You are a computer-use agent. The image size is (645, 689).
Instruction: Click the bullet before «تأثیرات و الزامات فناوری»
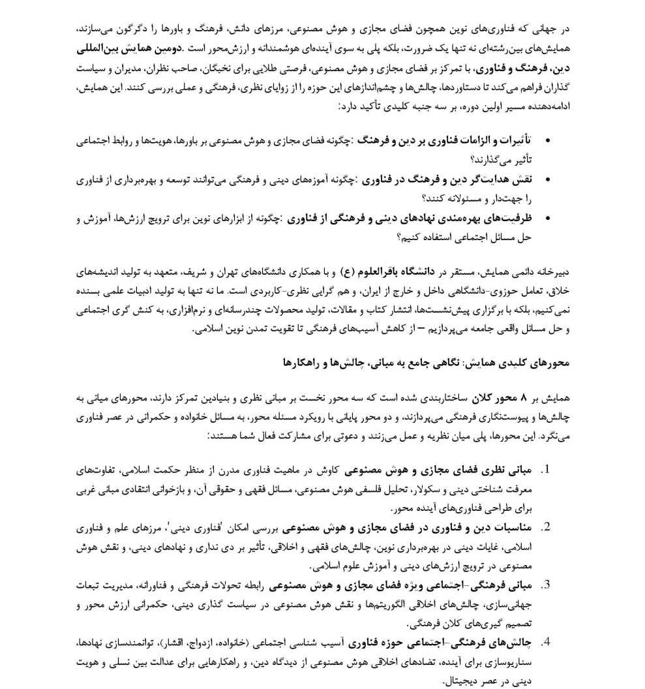(546, 140)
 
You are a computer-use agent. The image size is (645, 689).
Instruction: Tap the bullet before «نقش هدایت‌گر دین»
(546, 179)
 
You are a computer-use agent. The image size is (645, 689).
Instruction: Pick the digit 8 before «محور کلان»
(518, 399)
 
